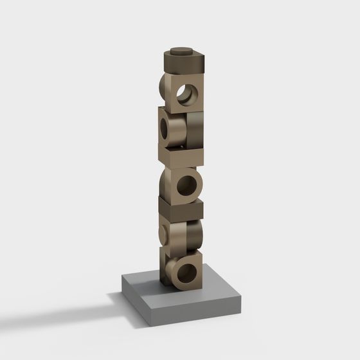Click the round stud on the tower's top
click(182, 50)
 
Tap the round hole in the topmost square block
click(188, 94)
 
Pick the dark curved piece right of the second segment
click(195, 130)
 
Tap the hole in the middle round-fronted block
click(186, 186)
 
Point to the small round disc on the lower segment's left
click(163, 235)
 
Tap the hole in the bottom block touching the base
click(186, 273)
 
